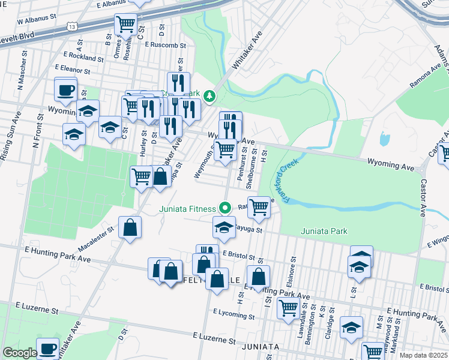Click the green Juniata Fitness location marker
pos(226,209)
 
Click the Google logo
pos(19,353)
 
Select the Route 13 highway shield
pos(73,27)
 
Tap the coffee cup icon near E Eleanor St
pos(66,90)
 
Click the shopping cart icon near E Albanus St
pos(126,25)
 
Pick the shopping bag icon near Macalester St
pos(130,227)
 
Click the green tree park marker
pos(209,95)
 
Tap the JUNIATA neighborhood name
pos(259,347)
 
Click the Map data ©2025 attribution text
pos(424,355)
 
